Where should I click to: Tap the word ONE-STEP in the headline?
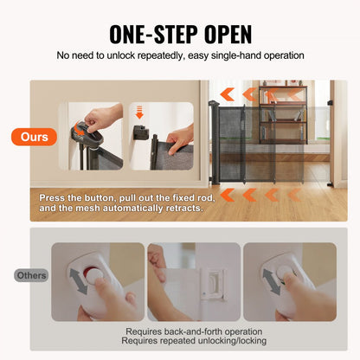151,34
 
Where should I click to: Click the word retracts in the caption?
178,208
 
